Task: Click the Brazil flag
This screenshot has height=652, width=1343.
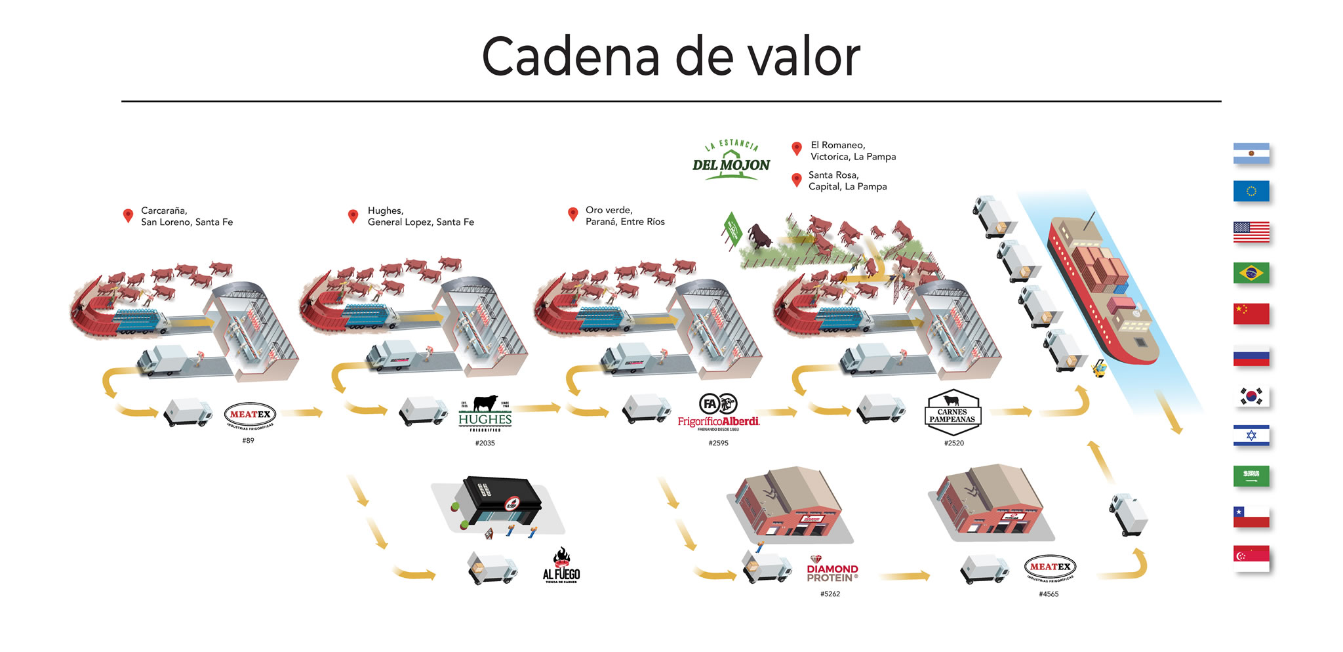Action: (x=1251, y=273)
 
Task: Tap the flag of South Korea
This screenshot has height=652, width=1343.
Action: (x=1251, y=396)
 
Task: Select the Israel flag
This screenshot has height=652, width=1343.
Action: (x=1251, y=436)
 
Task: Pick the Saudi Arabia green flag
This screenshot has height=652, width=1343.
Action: (x=1251, y=476)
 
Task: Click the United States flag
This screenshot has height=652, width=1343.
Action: (x=1251, y=232)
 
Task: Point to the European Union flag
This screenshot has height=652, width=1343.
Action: (x=1251, y=191)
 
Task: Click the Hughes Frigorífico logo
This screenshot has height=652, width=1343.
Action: (x=485, y=413)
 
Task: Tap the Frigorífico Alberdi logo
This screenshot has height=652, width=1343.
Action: (x=719, y=412)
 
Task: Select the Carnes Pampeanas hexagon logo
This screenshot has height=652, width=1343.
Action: (x=952, y=413)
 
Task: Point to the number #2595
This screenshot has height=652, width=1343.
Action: (x=718, y=443)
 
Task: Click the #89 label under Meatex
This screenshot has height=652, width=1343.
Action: (x=248, y=441)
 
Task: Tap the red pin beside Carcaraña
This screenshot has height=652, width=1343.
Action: (x=129, y=215)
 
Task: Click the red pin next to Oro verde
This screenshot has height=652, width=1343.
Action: (x=572, y=214)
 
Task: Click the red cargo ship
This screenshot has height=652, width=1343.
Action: (x=1102, y=289)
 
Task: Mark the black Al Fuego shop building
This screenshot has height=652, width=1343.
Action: (x=502, y=502)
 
